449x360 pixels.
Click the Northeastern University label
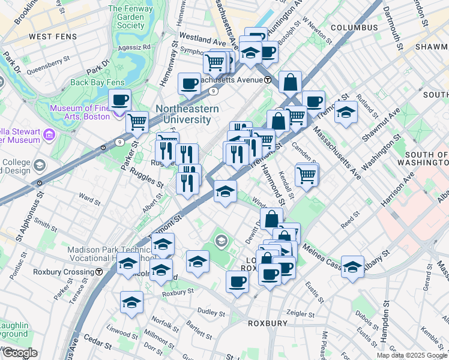183,114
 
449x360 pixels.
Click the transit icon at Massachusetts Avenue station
267,80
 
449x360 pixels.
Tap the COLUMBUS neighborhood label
354,28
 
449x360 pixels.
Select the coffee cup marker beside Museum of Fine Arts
119,99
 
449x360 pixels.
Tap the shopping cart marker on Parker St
137,122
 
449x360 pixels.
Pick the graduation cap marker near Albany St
353,266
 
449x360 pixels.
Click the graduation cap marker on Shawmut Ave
346,112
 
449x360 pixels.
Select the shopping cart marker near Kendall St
307,175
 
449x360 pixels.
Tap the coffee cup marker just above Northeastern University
190,84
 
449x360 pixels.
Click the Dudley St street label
211,311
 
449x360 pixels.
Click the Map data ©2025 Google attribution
411,355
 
